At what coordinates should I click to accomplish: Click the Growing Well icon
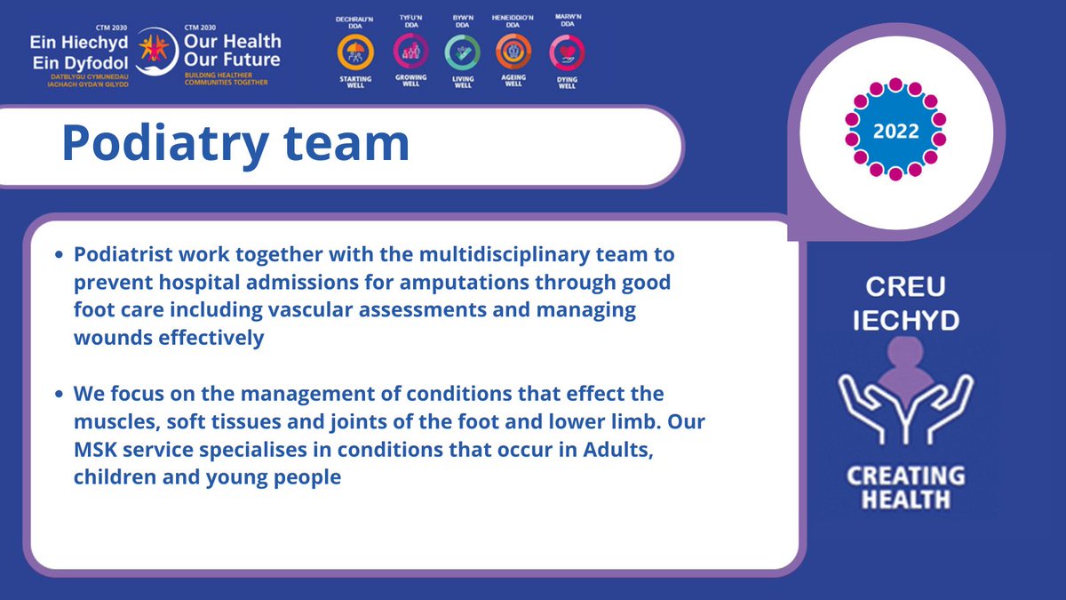point(411,52)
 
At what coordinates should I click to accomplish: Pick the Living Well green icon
point(462,52)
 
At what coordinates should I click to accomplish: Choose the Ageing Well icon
point(513,52)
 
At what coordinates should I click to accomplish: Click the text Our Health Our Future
point(231,51)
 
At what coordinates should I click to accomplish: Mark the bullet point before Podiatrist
point(60,256)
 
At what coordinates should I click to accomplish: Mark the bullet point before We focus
point(60,394)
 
